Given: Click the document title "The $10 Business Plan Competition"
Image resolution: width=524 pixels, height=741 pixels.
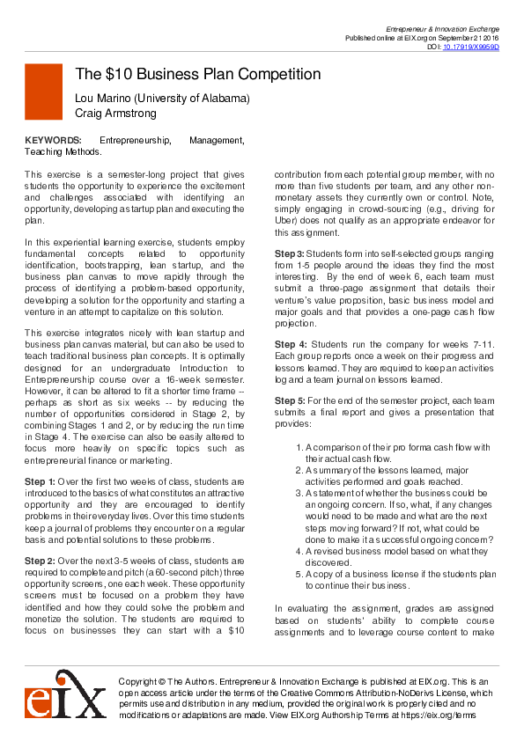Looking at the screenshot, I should (197, 74).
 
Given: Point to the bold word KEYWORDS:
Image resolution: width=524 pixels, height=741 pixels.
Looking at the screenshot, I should (53, 140).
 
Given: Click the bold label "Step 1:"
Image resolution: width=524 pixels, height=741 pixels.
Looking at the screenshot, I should (40, 481).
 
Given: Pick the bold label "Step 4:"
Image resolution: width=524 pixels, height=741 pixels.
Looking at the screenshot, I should (291, 344).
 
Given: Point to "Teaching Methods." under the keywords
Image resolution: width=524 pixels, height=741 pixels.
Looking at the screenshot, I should (63, 151).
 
